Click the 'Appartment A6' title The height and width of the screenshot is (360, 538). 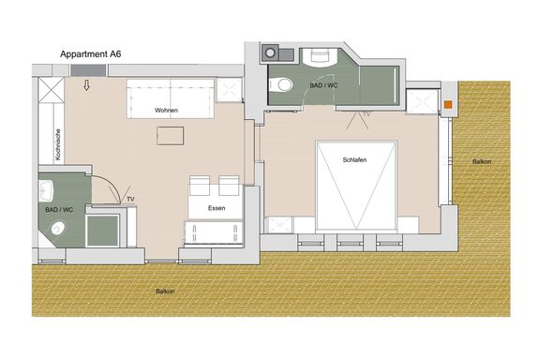(x=91, y=54)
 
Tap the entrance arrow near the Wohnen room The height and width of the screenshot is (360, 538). (x=87, y=85)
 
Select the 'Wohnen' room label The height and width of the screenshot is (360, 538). (x=166, y=111)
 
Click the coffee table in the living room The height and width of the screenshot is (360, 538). (x=171, y=136)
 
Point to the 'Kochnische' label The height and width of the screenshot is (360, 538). (x=58, y=144)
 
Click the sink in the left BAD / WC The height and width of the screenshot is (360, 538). (x=46, y=190)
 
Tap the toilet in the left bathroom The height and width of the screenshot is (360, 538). (x=58, y=228)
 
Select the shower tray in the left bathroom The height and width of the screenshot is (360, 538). (x=102, y=231)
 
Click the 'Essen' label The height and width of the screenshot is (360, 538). (x=217, y=208)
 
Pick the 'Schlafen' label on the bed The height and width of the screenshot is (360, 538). (x=354, y=160)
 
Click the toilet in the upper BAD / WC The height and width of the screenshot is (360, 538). (x=280, y=84)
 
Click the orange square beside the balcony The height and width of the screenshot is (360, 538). (x=448, y=105)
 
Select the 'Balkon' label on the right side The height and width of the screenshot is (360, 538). (x=482, y=161)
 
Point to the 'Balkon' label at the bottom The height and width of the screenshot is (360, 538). (x=165, y=292)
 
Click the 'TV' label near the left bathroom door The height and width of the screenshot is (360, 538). (x=130, y=199)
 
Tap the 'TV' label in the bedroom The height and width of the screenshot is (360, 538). (x=366, y=114)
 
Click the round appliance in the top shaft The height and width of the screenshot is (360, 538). (x=270, y=53)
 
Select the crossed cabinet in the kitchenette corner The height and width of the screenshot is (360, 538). (x=52, y=90)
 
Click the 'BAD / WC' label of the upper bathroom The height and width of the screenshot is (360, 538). (x=323, y=85)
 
